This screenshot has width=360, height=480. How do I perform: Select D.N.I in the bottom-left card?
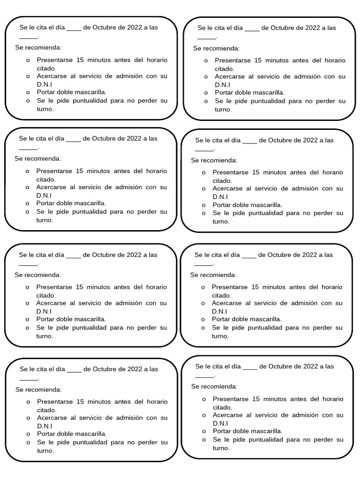point(45,426)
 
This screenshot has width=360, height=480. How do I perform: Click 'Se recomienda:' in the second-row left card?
point(38,159)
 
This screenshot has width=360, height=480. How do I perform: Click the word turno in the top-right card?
point(223,109)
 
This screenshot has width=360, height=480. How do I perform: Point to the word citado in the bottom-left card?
point(46,410)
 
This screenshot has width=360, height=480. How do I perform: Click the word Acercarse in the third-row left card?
point(52,303)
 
